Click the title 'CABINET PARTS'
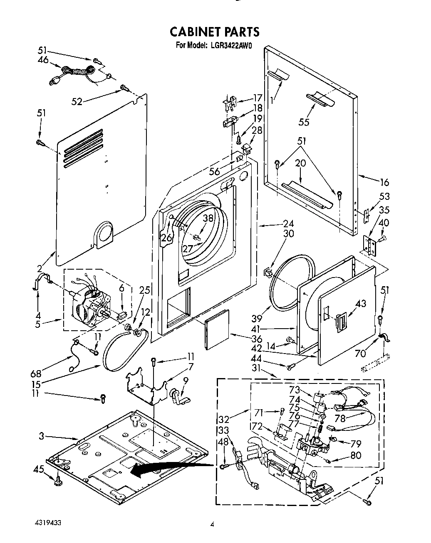tap(215, 32)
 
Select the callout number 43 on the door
tap(361, 304)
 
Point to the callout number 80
tap(356, 455)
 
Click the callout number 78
tap(340, 418)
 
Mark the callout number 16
tap(384, 182)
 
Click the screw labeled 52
tap(124, 87)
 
